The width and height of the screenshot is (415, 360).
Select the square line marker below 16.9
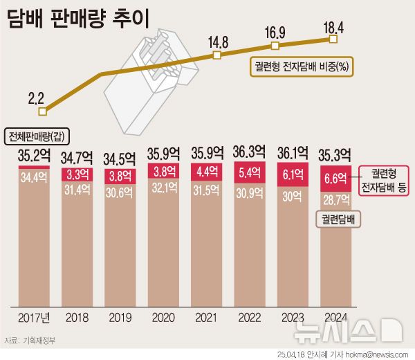275,46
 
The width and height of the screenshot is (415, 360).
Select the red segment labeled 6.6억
335,179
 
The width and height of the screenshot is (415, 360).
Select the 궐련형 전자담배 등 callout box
384,180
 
